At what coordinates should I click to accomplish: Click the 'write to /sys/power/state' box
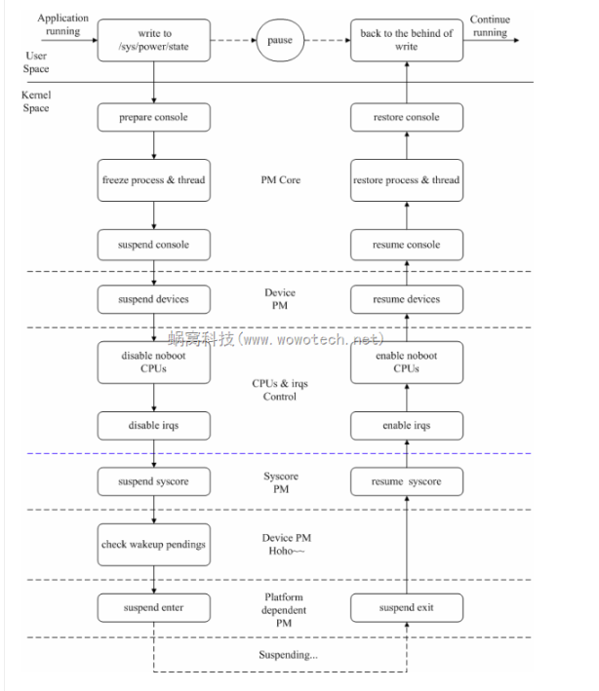pyautogui.click(x=154, y=40)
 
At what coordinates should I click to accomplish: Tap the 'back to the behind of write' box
pyautogui.click(x=406, y=40)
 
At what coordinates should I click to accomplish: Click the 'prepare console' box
pyautogui.click(x=154, y=118)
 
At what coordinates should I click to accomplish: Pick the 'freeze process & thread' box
pyautogui.click(x=154, y=180)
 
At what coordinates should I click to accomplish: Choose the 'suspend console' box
pyautogui.click(x=154, y=245)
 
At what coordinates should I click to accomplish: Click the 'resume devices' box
pyautogui.click(x=406, y=299)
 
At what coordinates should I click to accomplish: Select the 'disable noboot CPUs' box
pyautogui.click(x=154, y=363)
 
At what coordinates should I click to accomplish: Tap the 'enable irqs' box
pyautogui.click(x=406, y=426)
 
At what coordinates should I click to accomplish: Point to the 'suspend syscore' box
pyautogui.click(x=154, y=481)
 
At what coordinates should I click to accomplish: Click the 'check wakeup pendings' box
pyautogui.click(x=154, y=545)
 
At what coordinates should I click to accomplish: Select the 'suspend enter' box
pyautogui.click(x=154, y=608)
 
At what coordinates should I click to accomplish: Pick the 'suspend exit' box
pyautogui.click(x=406, y=608)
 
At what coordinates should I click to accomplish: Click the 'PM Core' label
pyautogui.click(x=280, y=180)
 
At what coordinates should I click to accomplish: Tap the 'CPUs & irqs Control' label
pyautogui.click(x=280, y=390)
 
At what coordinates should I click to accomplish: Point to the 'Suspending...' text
pyautogui.click(x=287, y=655)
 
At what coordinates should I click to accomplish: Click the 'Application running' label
pyautogui.click(x=62, y=25)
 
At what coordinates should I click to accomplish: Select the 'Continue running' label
pyautogui.click(x=490, y=25)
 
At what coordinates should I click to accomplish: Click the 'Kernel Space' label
pyautogui.click(x=36, y=101)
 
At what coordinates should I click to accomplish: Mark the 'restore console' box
pyautogui.click(x=406, y=118)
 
